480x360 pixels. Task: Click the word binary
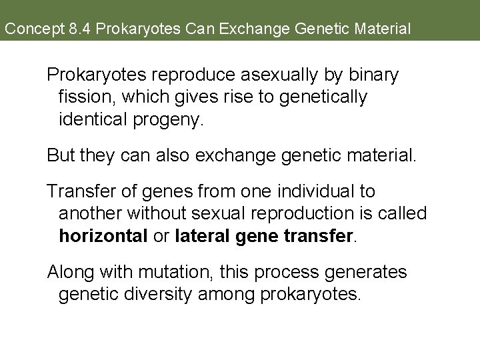tap(373, 75)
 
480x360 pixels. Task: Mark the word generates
tap(368, 273)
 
